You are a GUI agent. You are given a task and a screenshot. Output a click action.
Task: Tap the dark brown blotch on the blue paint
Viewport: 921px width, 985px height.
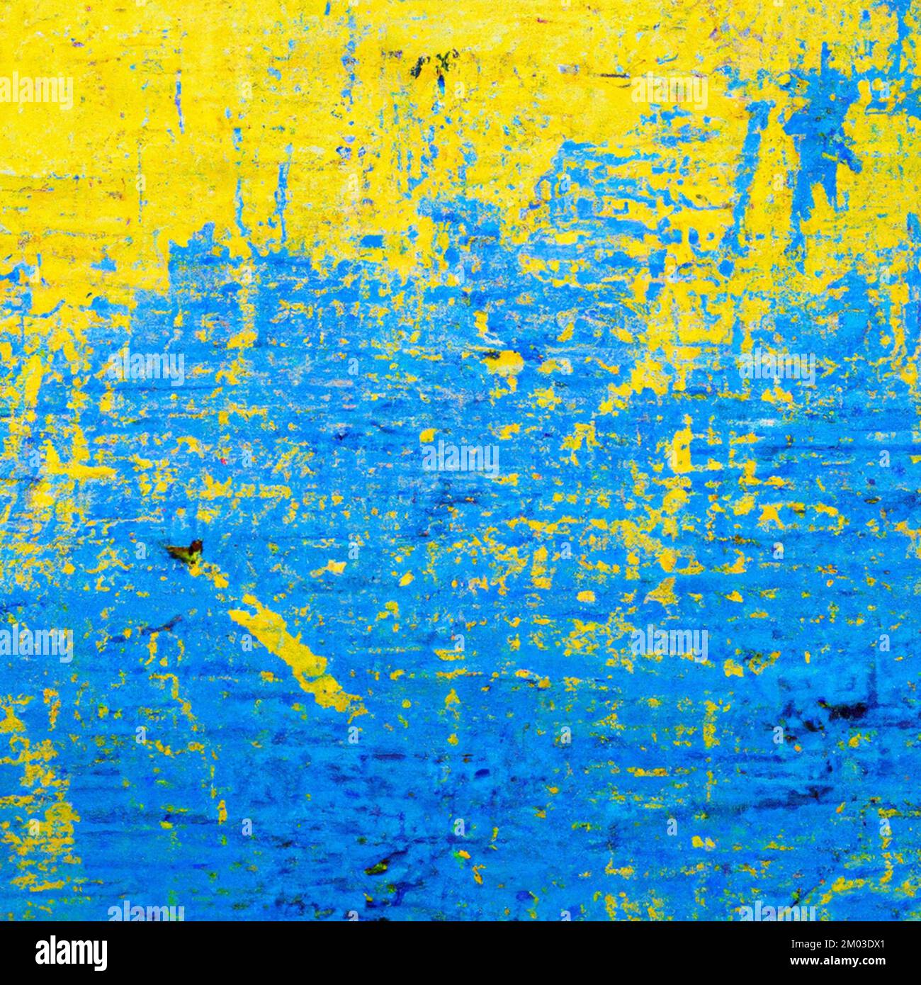pyautogui.click(x=186, y=550)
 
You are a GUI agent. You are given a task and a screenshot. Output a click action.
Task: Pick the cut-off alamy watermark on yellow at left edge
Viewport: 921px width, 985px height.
pyautogui.click(x=35, y=92)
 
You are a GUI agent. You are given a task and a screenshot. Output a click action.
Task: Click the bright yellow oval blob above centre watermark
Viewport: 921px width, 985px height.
pyautogui.click(x=504, y=363)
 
